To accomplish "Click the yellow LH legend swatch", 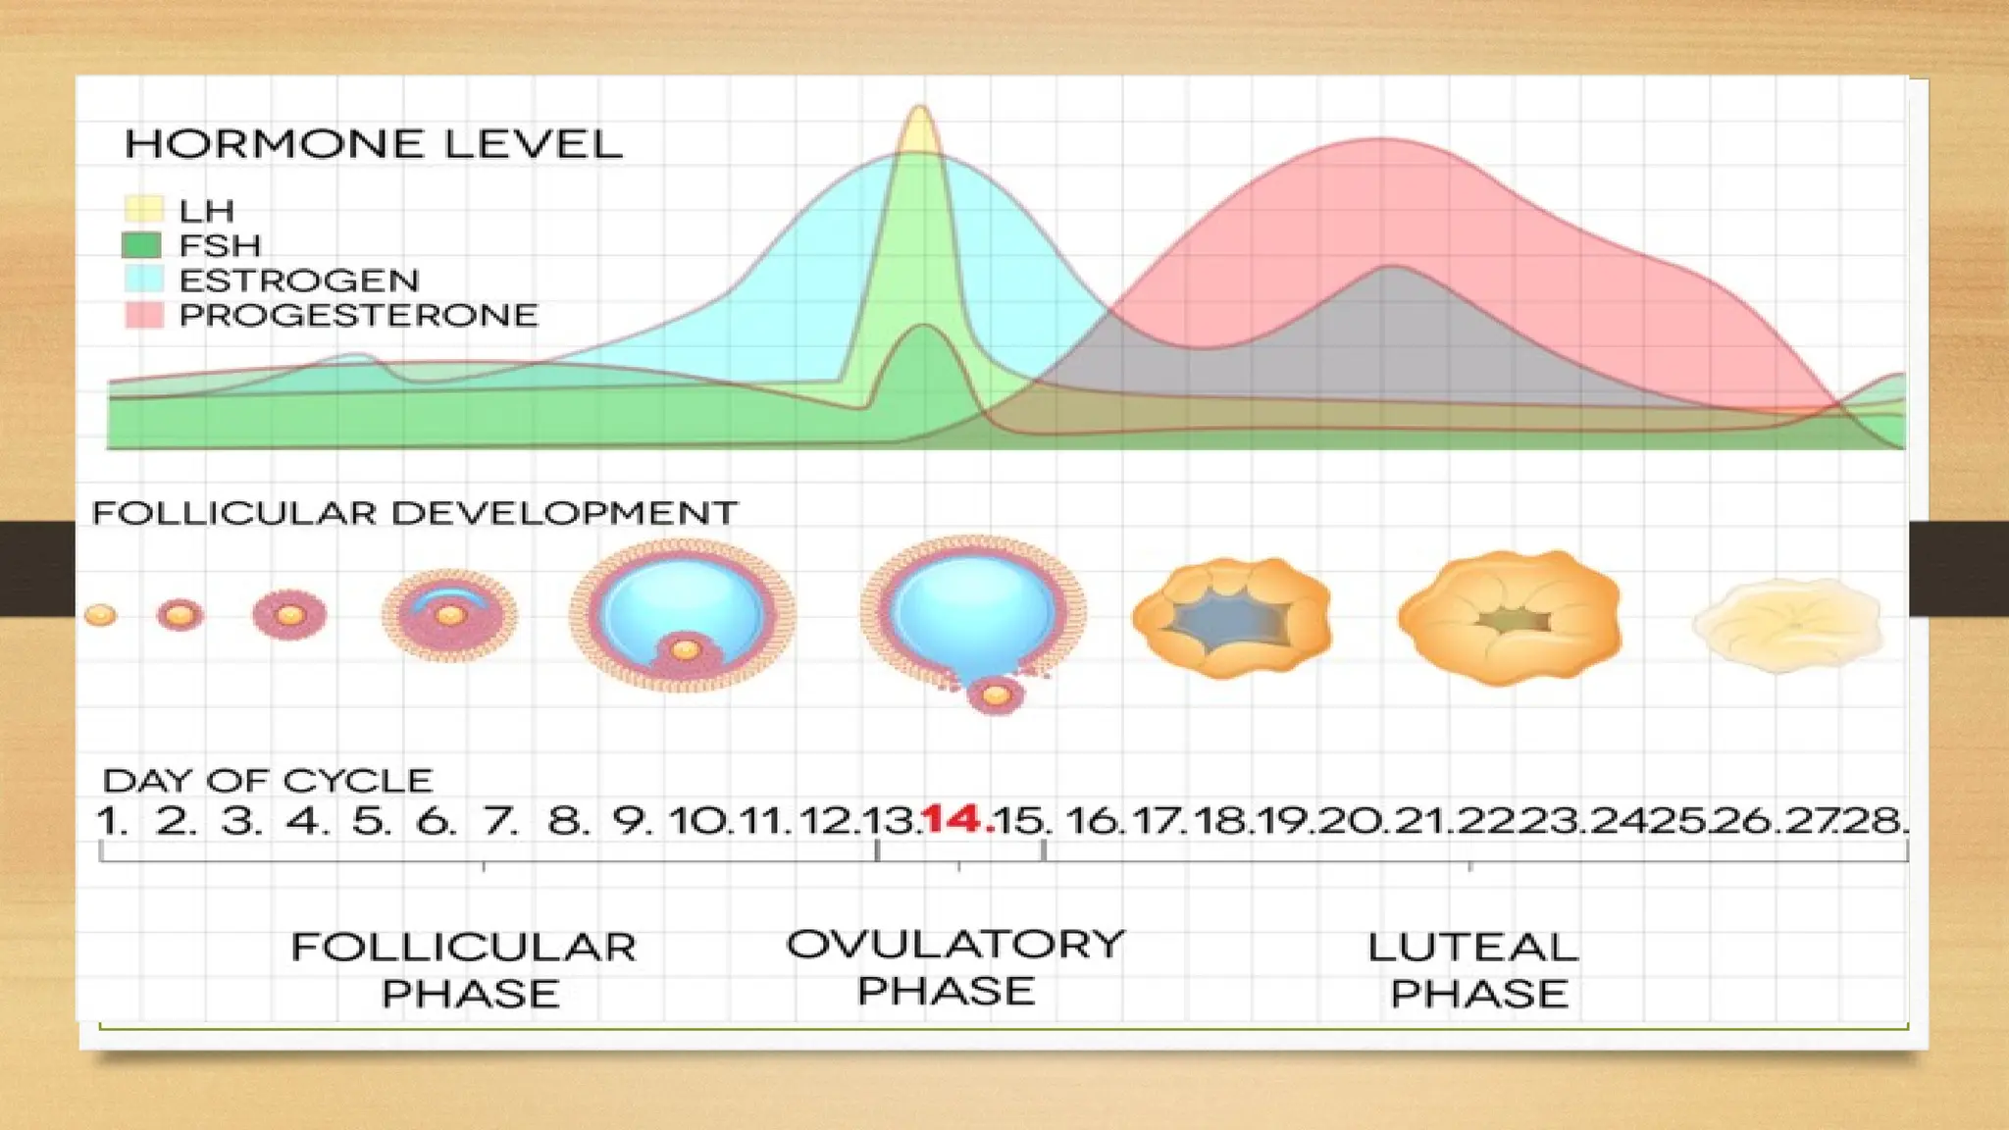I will (x=143, y=210).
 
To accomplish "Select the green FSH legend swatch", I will (x=143, y=245).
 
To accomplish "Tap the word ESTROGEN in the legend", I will (x=298, y=281).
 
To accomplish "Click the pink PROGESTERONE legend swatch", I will (x=143, y=315).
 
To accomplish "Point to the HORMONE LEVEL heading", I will (x=373, y=144).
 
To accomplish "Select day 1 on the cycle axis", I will (x=111, y=820).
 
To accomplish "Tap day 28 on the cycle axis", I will (x=1873, y=820).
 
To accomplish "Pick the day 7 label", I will (x=499, y=820).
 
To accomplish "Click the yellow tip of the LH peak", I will (x=920, y=128).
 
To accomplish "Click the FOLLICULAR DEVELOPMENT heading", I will (x=414, y=513).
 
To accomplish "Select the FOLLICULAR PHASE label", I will (x=465, y=970).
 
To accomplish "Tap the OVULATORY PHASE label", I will (x=953, y=967).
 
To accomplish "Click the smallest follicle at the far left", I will (x=100, y=615).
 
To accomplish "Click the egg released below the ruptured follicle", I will (x=996, y=695).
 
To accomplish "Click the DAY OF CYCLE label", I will (x=267, y=781).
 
